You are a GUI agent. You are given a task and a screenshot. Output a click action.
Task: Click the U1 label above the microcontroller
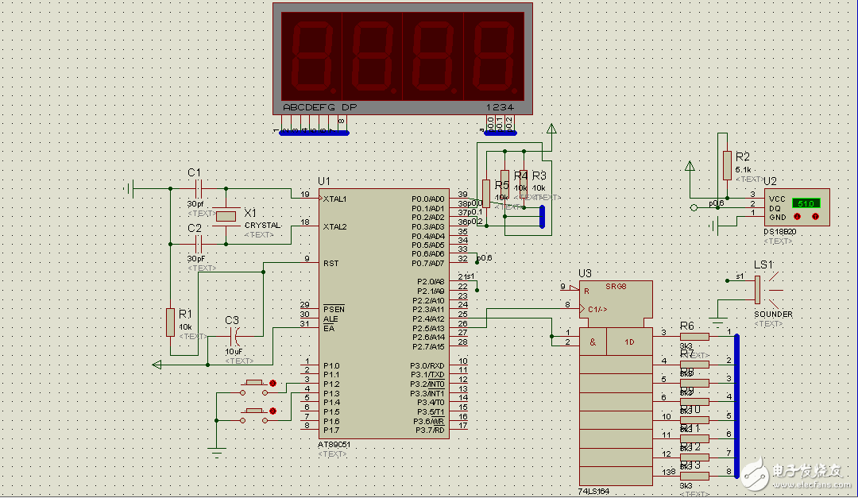pos(323,181)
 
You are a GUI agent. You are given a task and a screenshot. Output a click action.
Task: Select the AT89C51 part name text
pos(333,445)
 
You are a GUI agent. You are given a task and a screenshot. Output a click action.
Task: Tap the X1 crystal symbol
pos(226,215)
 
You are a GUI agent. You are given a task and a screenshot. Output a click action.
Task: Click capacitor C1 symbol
pos(199,189)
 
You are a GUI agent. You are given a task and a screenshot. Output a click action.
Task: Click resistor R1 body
pos(170,322)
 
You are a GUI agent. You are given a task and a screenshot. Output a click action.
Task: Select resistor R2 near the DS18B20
pos(726,165)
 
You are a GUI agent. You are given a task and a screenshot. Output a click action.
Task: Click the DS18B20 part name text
pos(779,232)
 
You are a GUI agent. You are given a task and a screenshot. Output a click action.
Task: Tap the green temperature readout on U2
pos(806,204)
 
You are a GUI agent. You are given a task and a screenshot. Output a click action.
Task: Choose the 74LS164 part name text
pos(595,492)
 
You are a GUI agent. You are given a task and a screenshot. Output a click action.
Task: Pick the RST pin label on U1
pos(331,263)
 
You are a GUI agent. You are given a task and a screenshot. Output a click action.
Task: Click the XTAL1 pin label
pos(334,199)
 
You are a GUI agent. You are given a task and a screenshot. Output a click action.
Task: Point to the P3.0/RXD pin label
pos(427,365)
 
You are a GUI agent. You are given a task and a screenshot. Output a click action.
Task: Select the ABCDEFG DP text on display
pos(319,107)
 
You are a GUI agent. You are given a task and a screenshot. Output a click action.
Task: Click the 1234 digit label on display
pos(500,107)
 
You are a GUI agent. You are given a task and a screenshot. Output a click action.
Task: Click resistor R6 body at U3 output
pos(694,337)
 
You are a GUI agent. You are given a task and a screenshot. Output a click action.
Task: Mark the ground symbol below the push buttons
pos(216,453)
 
